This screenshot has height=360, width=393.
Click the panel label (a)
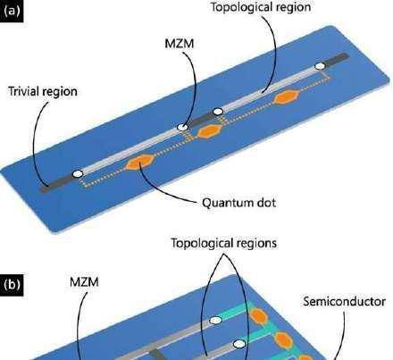12,11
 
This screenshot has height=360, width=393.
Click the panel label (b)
12,284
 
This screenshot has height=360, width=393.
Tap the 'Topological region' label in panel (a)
261,7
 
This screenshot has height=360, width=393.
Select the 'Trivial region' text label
43,91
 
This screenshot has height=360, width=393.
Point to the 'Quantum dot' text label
239,203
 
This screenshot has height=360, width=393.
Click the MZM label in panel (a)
180,44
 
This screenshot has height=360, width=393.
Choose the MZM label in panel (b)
84,281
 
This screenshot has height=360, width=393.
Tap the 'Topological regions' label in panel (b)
224,243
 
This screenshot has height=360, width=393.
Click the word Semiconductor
345,302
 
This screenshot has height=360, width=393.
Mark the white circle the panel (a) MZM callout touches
183,127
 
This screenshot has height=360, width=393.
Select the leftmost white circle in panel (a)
78,173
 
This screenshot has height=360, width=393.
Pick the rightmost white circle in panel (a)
320,66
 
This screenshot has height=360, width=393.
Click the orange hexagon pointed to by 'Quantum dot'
140,162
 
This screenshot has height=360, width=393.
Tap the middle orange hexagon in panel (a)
211,131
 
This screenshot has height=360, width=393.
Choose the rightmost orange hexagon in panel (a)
286,96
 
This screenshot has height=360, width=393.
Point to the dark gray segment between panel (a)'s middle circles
201,119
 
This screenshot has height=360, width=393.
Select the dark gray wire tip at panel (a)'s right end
337,59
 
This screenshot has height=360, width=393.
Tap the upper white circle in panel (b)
215,321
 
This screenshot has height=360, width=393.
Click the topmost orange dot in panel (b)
258,315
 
